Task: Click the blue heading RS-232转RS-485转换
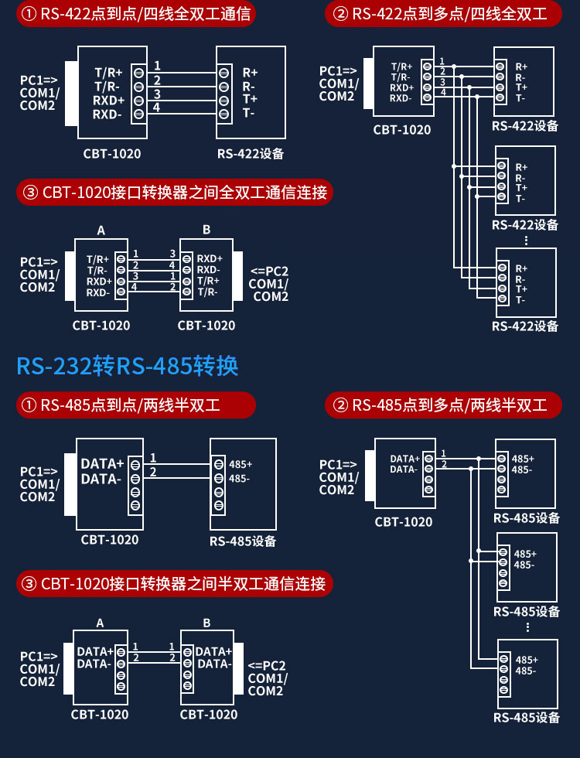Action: tap(128, 366)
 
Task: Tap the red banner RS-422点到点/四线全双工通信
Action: tap(136, 14)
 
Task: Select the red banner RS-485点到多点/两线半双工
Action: tap(443, 405)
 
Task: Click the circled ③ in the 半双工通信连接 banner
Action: tap(29, 584)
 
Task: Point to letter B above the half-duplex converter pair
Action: tap(207, 623)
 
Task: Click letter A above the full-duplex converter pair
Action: tap(101, 230)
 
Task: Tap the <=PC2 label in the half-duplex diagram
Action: tap(267, 666)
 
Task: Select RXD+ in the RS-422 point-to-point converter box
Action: tap(109, 101)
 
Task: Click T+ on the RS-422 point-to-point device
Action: tap(250, 99)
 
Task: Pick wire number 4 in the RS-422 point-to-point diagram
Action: tap(156, 108)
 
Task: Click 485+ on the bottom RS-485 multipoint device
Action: tap(527, 660)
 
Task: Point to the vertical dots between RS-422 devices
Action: tap(527, 241)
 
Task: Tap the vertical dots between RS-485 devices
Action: tap(527, 627)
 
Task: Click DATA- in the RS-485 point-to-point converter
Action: tap(101, 479)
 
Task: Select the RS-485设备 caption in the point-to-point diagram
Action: tap(243, 541)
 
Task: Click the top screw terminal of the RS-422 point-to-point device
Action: tap(223, 73)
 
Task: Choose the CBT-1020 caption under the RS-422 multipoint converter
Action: tap(401, 130)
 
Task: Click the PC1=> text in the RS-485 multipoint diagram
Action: tap(338, 465)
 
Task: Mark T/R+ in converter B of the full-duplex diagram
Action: tap(208, 281)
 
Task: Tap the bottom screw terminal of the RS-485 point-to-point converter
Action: tap(135, 506)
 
